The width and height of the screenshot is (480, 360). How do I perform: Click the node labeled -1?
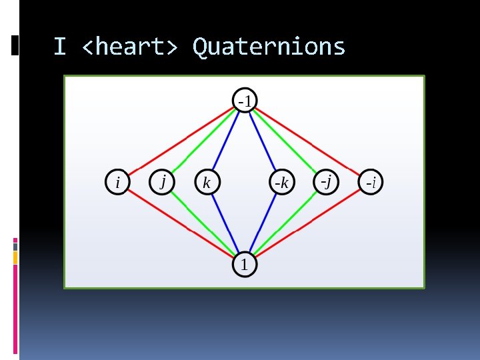tap(245, 101)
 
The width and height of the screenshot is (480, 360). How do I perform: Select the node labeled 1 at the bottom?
tap(244, 265)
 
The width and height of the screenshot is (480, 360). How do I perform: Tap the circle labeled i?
tap(119, 182)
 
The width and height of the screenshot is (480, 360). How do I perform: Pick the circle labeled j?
tap(162, 181)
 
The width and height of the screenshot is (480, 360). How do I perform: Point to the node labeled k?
tap(207, 182)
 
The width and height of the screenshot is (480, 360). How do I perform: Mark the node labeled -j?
tap(326, 181)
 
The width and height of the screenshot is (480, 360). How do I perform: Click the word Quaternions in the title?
tap(269, 47)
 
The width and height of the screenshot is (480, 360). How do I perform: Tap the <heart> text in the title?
tap(129, 47)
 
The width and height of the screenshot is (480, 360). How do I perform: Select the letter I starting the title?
tap(59, 47)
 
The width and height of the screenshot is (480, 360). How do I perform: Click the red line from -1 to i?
tap(179, 142)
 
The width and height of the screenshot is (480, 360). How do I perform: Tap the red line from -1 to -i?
tap(310, 142)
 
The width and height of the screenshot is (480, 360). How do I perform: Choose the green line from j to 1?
tap(201, 222)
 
